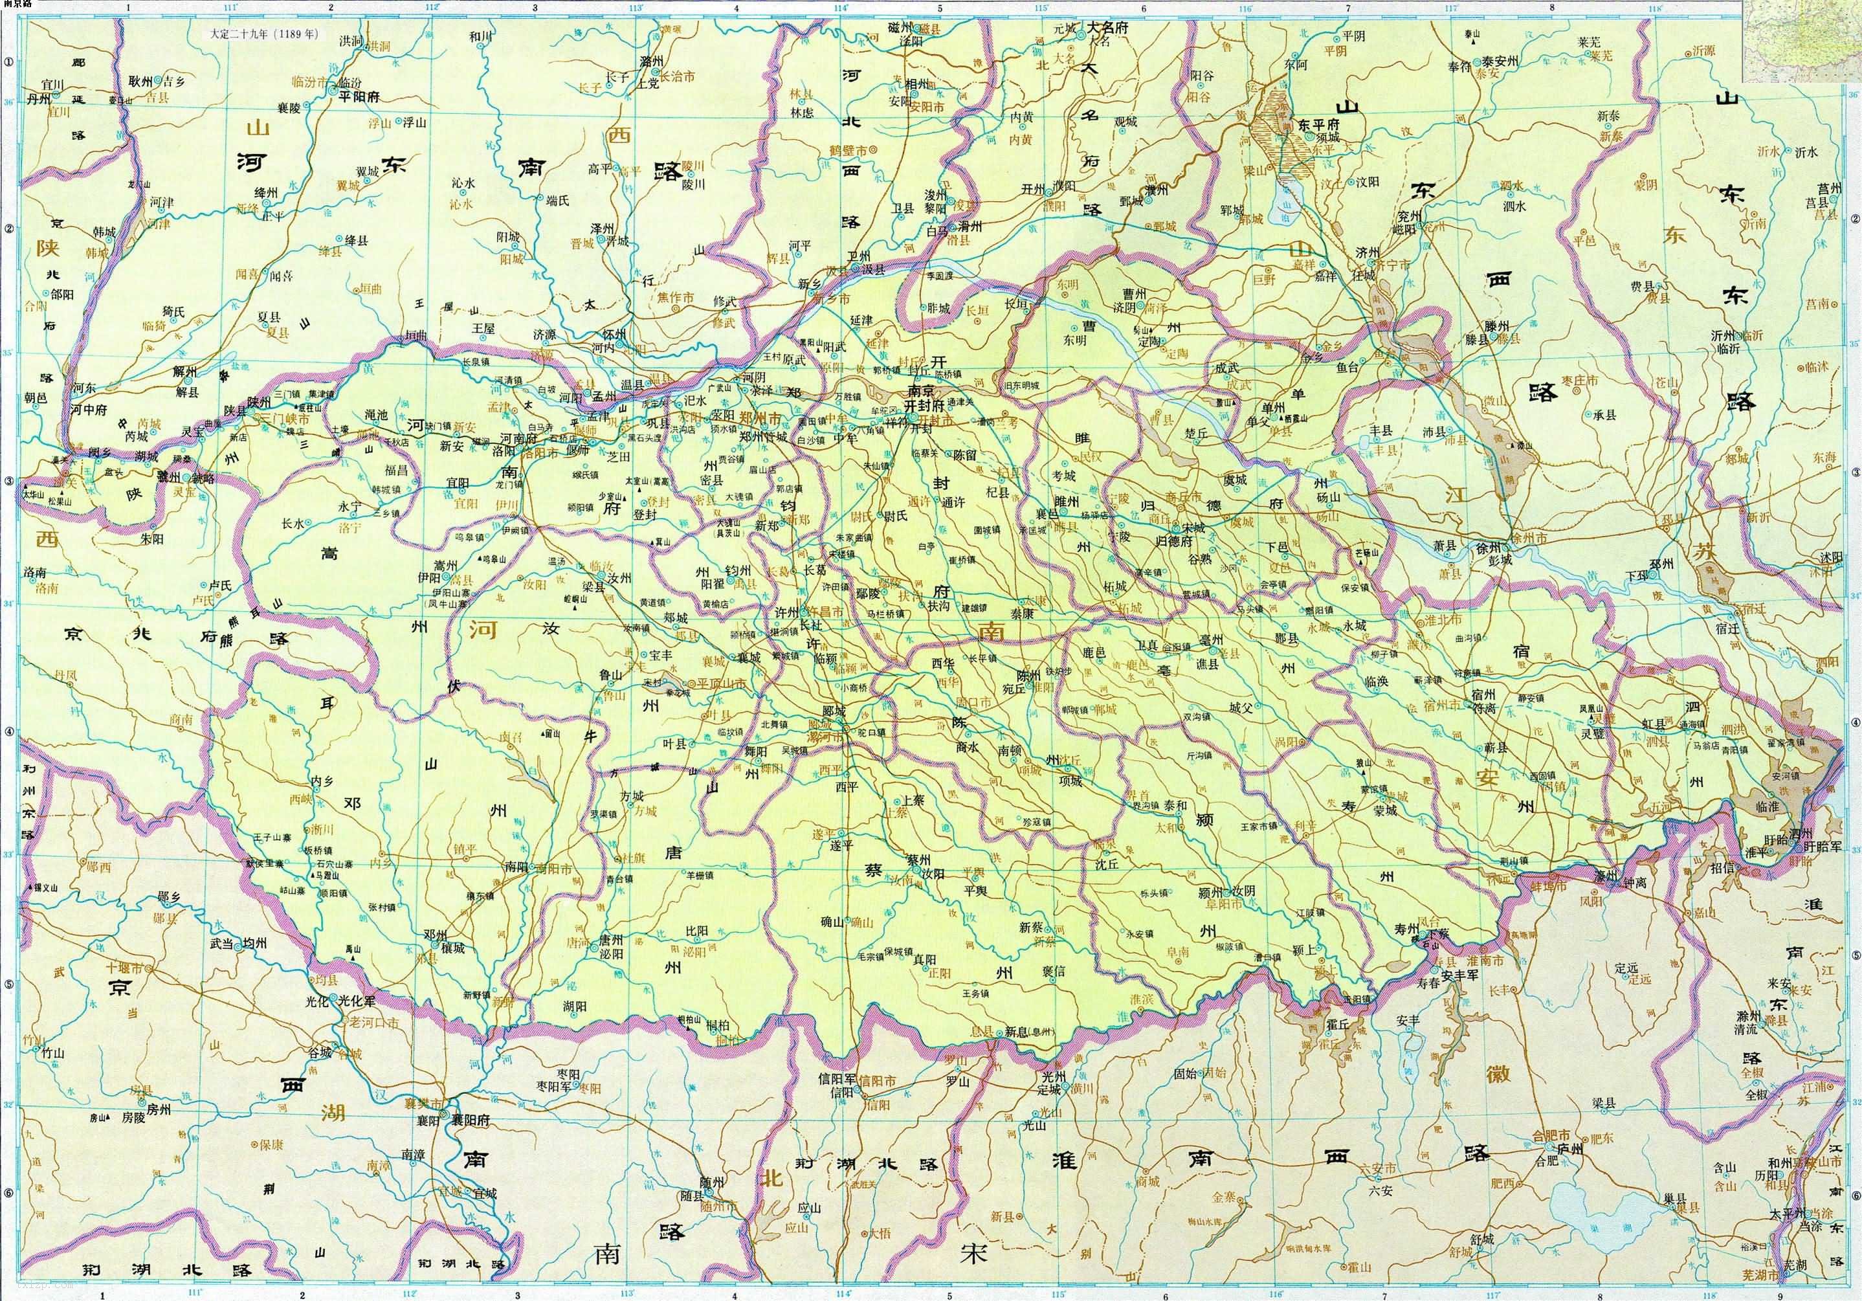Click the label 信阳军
coord(839,1080)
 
